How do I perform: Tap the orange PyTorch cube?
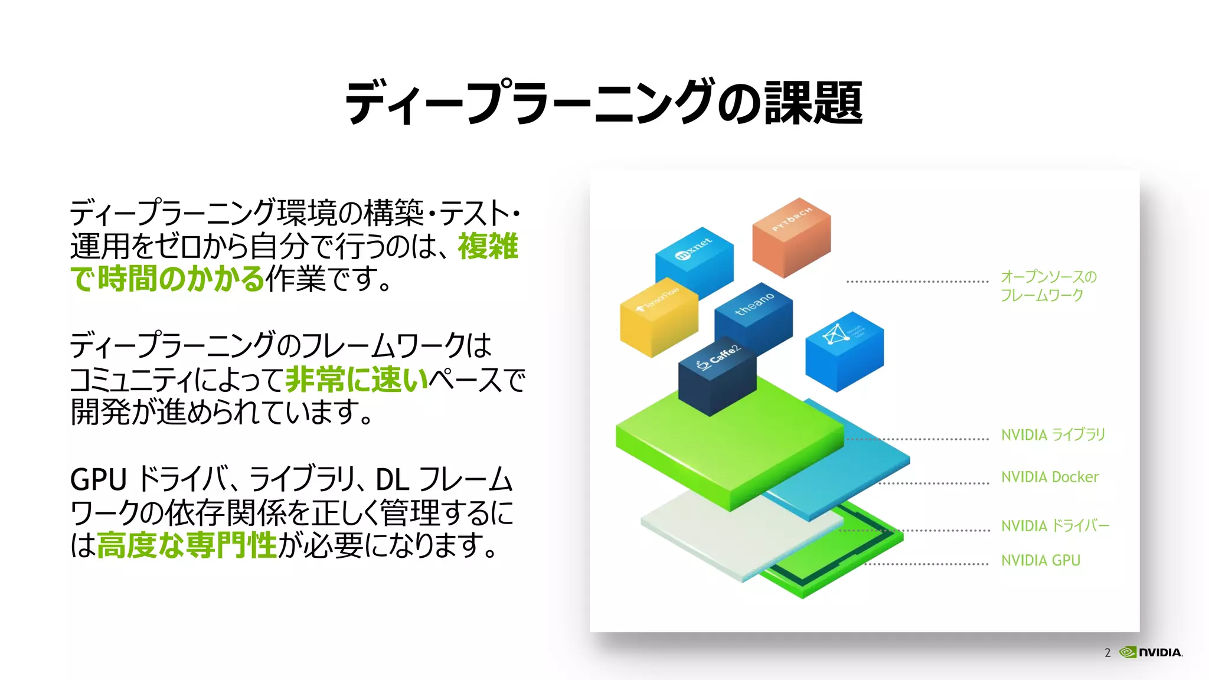pos(791,237)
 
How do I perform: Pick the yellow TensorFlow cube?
pos(658,317)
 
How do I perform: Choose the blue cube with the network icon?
pos(844,351)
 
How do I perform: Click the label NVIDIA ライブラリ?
pos(1053,435)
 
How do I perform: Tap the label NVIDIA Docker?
pos(1050,477)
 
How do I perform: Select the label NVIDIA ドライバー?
pos(1055,525)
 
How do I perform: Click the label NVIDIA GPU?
pos(1040,560)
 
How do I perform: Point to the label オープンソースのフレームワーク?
pos(1048,286)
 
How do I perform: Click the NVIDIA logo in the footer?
pos(1151,652)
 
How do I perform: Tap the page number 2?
pos(1107,653)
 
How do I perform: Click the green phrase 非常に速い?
pos(357,379)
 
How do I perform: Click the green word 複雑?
pos(488,246)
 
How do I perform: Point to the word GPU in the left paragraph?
pos(98,479)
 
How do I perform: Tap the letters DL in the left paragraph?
pos(392,479)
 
